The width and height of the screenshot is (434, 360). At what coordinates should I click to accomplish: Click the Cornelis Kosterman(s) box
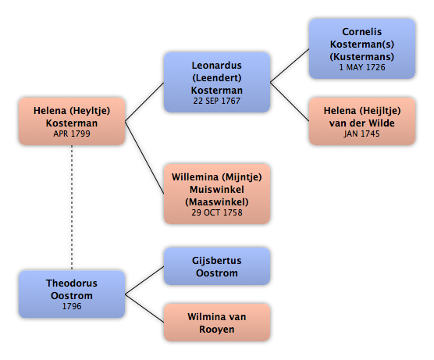(x=362, y=48)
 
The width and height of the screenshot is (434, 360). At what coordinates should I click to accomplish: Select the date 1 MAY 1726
(x=362, y=67)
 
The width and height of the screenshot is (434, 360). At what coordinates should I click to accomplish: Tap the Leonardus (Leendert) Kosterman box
(x=217, y=82)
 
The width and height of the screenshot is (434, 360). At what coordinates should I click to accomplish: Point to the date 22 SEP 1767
(x=217, y=101)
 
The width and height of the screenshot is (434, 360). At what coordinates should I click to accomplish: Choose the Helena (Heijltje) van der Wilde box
(x=362, y=121)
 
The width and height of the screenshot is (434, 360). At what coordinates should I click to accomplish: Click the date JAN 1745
(x=361, y=134)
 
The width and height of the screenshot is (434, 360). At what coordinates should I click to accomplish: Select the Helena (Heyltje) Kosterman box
(x=72, y=121)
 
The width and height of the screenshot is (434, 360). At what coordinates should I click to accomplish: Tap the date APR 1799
(x=72, y=134)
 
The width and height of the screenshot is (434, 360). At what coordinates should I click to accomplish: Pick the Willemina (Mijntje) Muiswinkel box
(x=217, y=194)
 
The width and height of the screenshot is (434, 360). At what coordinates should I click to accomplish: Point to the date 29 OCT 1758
(x=217, y=212)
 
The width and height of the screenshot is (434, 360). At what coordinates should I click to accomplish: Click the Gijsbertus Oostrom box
(x=217, y=266)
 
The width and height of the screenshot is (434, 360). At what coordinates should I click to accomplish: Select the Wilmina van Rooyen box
(x=217, y=323)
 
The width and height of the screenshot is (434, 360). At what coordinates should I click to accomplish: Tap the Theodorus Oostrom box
(x=72, y=294)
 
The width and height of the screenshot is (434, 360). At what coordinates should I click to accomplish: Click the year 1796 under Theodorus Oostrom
(x=72, y=306)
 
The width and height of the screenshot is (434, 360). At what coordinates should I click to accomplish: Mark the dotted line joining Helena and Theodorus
(x=72, y=208)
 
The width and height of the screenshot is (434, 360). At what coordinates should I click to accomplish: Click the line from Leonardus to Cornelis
(x=290, y=66)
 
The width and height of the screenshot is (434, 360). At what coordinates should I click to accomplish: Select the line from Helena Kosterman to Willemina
(x=144, y=157)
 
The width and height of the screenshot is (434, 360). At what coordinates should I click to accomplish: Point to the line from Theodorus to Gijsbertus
(x=144, y=280)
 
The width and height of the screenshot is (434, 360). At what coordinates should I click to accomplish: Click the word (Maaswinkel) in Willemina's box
(x=217, y=202)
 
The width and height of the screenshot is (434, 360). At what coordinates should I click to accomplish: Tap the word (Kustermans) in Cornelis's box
(x=362, y=56)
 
